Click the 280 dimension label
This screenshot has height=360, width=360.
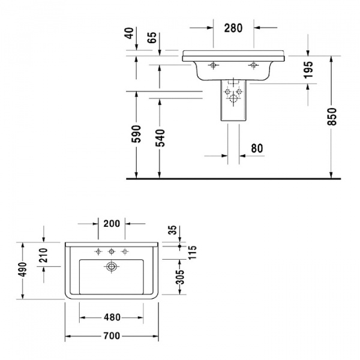233,28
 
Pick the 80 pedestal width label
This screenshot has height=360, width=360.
256,148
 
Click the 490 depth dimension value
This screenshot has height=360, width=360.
23,271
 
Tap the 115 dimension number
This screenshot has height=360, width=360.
193,251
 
